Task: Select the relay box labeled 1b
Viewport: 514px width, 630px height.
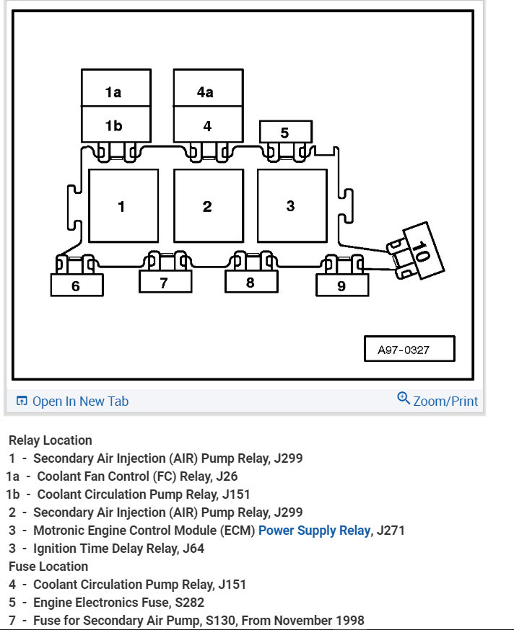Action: [116, 125]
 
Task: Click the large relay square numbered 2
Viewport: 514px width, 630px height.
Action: [208, 206]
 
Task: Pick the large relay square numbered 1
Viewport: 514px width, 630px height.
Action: [123, 206]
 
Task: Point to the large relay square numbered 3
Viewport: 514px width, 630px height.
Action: [291, 205]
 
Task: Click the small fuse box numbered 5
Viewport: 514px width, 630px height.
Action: [285, 132]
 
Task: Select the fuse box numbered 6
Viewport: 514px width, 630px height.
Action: [77, 285]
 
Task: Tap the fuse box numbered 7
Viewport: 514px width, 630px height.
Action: [165, 283]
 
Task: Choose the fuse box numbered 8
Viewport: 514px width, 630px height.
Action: [251, 282]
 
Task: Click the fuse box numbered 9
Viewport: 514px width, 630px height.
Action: [341, 285]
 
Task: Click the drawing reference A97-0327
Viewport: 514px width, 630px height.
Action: [409, 350]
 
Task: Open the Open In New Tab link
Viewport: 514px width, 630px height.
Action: [72, 401]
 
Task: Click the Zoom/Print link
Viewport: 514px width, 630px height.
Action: [437, 401]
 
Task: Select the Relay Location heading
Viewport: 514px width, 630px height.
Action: [51, 440]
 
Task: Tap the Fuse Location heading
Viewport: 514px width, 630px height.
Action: [48, 567]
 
